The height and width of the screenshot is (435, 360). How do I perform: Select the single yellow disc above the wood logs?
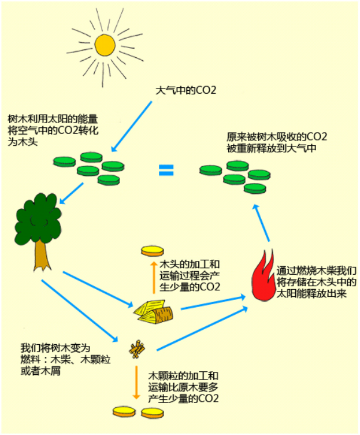click(153, 251)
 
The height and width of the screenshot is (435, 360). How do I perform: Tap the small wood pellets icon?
click(137, 348)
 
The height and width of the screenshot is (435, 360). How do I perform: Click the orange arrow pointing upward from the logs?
click(153, 279)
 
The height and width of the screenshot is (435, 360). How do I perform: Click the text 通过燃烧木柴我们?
click(316, 270)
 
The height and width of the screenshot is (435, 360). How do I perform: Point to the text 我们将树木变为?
click(56, 348)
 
